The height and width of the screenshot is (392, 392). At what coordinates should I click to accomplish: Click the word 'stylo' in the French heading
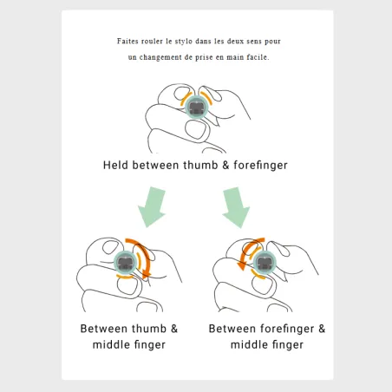184,42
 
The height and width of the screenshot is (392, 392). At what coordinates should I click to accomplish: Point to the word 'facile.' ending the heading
258,57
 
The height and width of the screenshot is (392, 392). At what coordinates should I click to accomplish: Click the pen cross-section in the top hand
197,107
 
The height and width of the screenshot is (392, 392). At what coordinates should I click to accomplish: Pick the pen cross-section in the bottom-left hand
126,263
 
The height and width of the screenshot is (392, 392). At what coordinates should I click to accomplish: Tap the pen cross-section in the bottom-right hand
265,262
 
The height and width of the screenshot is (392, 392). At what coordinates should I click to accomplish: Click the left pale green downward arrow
152,207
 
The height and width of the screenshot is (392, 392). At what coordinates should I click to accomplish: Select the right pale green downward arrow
236,207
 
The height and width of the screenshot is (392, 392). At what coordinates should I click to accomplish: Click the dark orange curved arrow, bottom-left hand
146,253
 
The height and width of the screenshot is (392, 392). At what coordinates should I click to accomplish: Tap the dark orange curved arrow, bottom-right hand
246,251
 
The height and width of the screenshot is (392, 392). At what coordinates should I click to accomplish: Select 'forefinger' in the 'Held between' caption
260,166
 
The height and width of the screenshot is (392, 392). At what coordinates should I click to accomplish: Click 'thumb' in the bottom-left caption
149,329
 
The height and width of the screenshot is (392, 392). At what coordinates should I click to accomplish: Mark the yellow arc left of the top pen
186,99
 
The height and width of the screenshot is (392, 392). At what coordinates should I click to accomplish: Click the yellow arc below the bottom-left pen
125,277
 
